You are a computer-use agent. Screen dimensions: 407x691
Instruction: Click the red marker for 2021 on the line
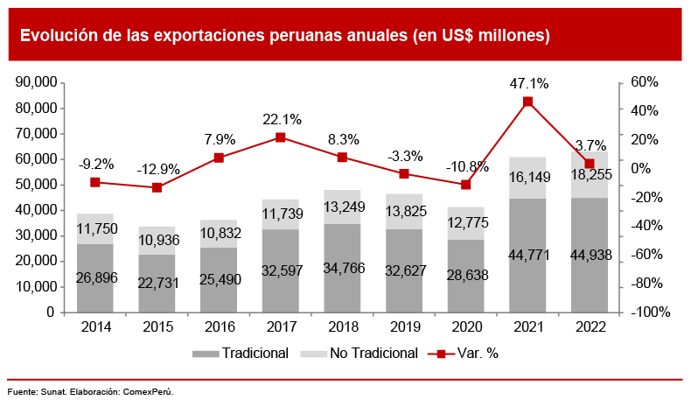527,102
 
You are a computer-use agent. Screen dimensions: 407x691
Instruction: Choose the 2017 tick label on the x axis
280,327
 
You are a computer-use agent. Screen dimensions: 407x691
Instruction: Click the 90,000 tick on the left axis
38,82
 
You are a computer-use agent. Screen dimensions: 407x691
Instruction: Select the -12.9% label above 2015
157,169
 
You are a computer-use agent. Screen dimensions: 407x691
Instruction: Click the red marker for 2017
280,137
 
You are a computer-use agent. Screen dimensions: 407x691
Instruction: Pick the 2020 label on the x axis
465,327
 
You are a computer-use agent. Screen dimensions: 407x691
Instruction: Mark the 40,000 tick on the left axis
38,210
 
